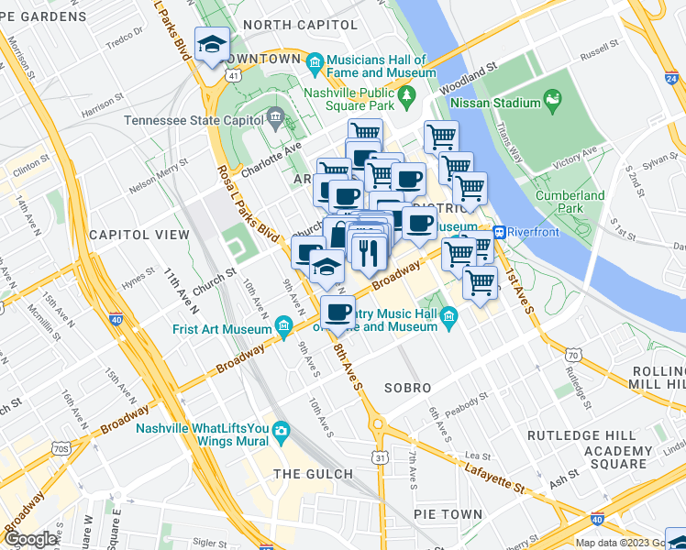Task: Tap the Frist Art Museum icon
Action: [284, 325]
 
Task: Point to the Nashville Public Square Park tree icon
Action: [404, 93]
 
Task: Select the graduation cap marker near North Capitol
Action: [213, 45]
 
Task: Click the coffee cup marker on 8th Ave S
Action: [338, 313]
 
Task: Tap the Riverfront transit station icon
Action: [501, 231]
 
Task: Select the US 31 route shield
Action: [380, 456]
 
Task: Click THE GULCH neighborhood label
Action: [313, 473]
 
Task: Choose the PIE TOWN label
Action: [448, 514]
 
